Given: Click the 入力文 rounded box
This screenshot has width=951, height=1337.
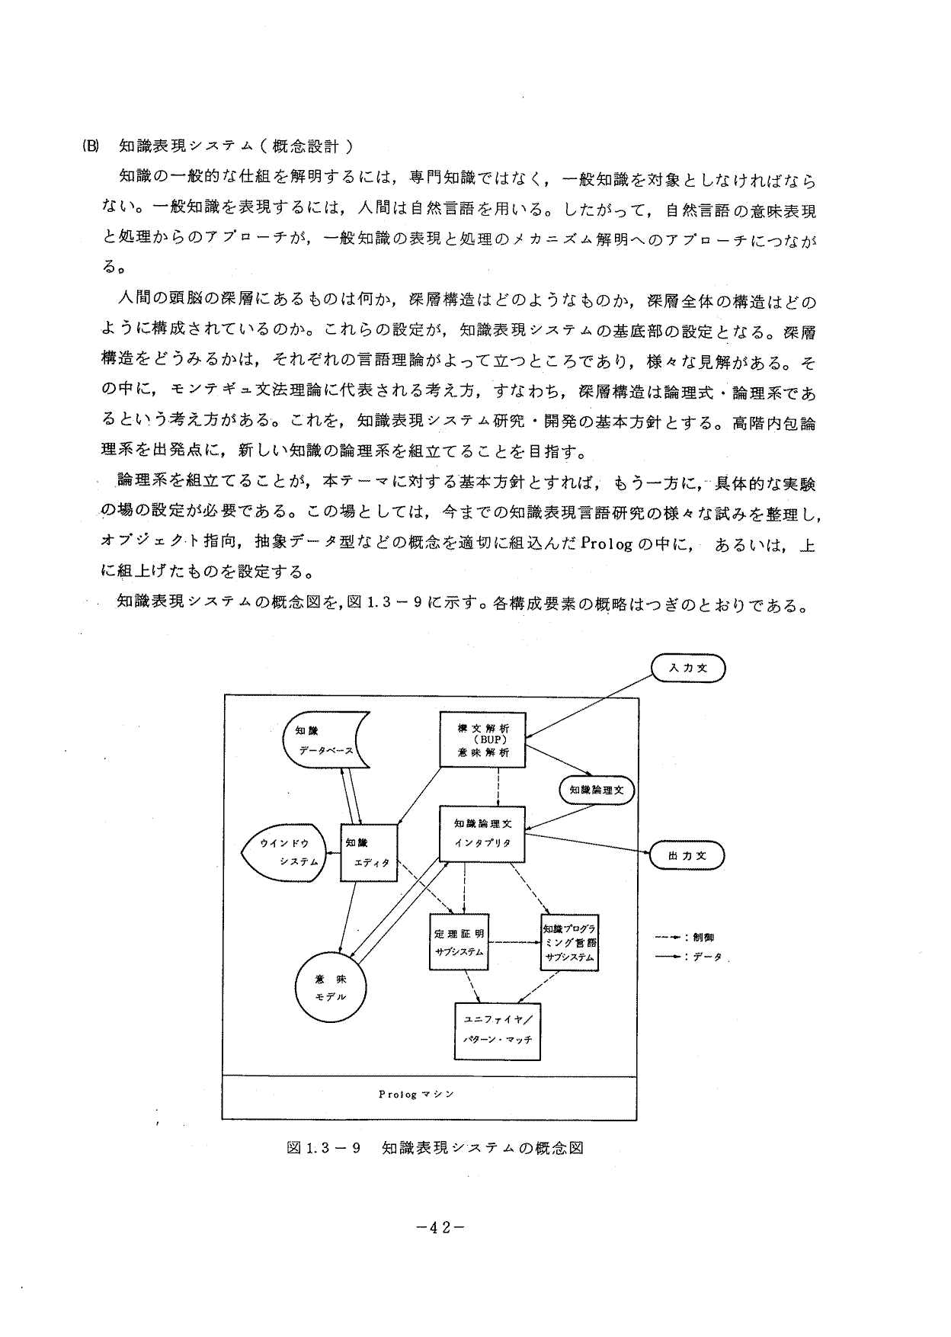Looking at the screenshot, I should pyautogui.click(x=688, y=668).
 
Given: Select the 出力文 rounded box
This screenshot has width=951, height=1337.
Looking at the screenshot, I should pyautogui.click(x=687, y=855).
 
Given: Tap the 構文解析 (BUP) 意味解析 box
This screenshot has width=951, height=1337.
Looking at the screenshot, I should pyautogui.click(x=483, y=739).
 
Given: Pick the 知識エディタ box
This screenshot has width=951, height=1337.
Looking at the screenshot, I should pyautogui.click(x=369, y=852).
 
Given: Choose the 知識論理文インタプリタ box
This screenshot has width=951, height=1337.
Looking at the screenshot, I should pyautogui.click(x=483, y=834).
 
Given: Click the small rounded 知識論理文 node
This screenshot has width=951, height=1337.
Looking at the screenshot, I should pyautogui.click(x=597, y=790).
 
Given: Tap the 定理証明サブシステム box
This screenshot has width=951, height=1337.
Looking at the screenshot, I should pyautogui.click(x=459, y=942).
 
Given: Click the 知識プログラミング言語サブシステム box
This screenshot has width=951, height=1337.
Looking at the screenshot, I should pyautogui.click(x=569, y=942).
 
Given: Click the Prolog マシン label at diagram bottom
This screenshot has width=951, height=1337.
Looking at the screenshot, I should pyautogui.click(x=416, y=1094).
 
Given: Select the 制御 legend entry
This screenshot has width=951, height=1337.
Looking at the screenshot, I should pyautogui.click(x=685, y=937).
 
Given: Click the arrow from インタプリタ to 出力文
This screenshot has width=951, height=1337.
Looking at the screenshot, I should pyautogui.click(x=587, y=844).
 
